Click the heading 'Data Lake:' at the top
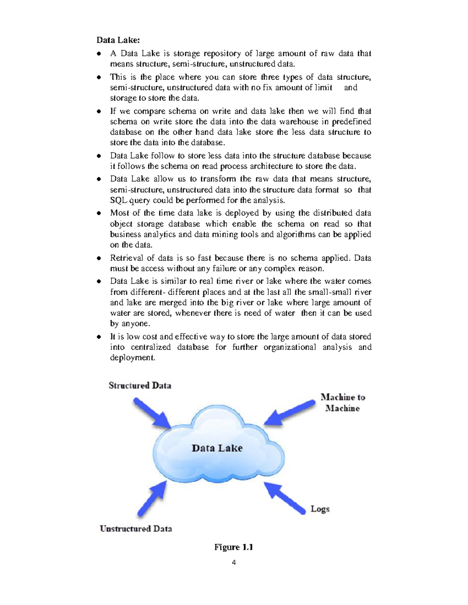[118, 40]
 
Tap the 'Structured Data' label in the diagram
[140, 386]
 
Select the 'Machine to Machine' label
[342, 403]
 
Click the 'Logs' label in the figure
[320, 509]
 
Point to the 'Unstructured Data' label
[136, 529]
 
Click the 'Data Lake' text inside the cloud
[217, 448]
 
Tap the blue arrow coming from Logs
[285, 498]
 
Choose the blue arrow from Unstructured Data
[152, 499]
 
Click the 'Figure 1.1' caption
[233, 547]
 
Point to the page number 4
[234, 562]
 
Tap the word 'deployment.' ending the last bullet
[132, 358]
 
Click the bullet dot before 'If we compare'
[99, 111]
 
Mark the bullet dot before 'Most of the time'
[99, 213]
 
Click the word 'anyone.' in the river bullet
[135, 324]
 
